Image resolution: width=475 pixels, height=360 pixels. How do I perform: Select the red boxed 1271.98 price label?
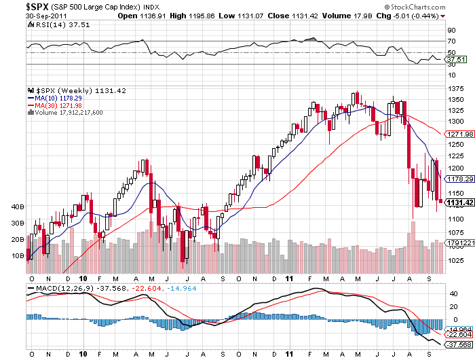459,134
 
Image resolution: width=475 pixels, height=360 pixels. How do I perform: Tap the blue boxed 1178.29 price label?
459,179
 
